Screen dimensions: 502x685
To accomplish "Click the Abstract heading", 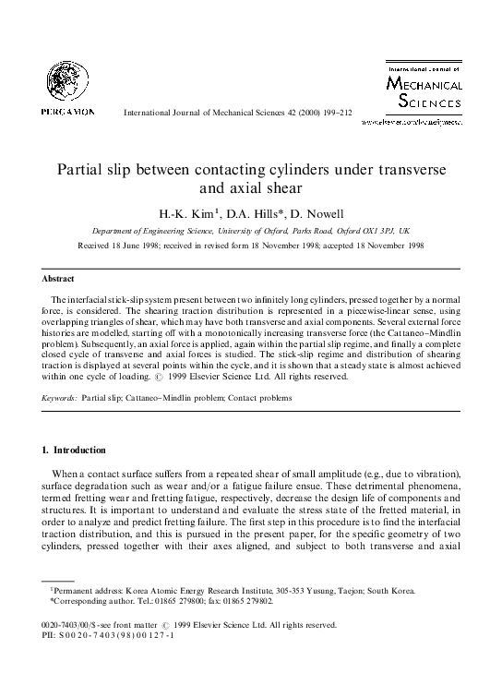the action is [58, 278].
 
